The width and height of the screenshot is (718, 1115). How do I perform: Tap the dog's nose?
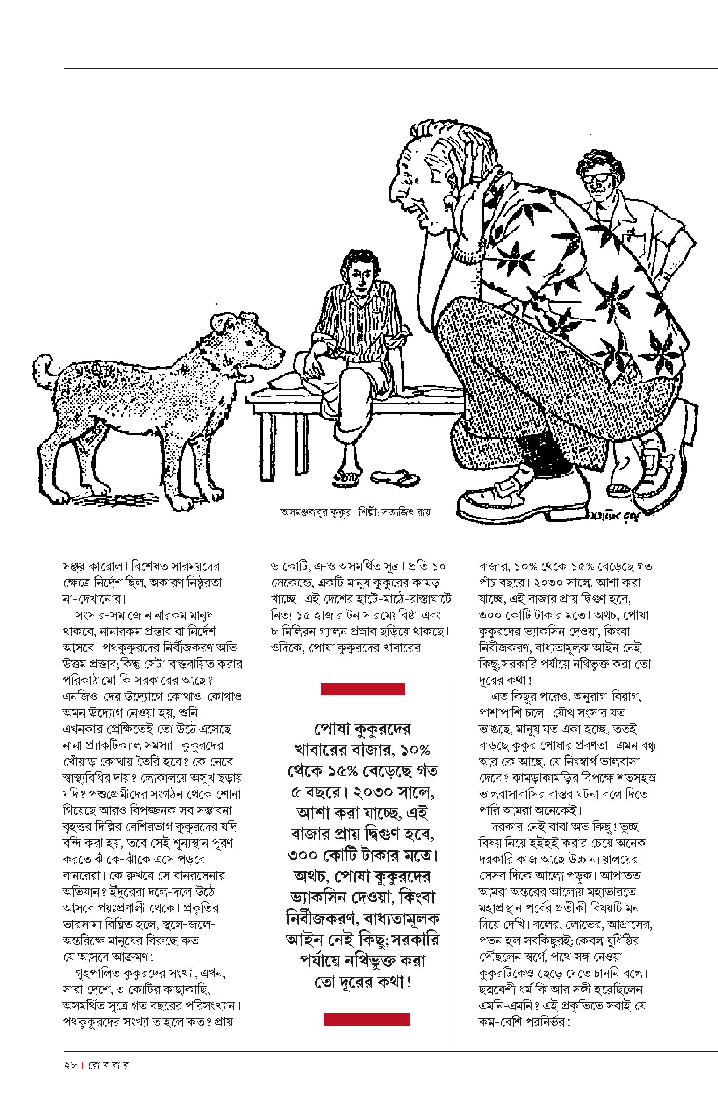pos(281,350)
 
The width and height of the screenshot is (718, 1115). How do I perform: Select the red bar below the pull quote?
pos(367,1020)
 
